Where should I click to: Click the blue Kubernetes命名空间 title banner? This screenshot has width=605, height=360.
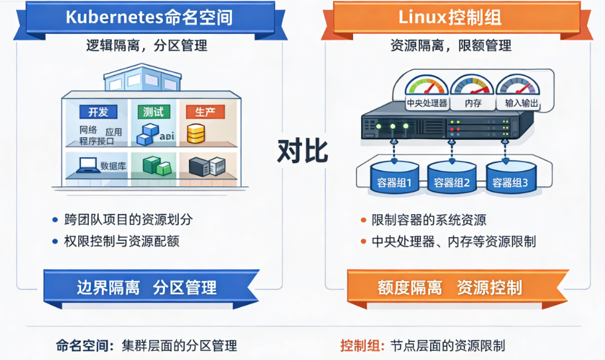tap(149, 17)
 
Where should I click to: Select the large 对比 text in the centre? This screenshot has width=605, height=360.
tap(302, 151)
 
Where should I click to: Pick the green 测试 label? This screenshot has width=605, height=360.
tap(152, 111)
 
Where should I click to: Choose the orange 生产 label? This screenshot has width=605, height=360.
tap(205, 111)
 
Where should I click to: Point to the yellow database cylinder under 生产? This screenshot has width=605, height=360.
tap(195, 134)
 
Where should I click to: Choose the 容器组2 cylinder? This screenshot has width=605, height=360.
tap(452, 179)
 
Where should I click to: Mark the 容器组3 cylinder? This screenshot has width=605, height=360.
tap(510, 179)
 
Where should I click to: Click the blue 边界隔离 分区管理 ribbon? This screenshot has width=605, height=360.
tap(147, 287)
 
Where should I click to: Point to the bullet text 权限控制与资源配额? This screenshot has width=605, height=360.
tap(122, 241)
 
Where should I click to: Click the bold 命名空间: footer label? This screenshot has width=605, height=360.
tap(85, 345)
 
